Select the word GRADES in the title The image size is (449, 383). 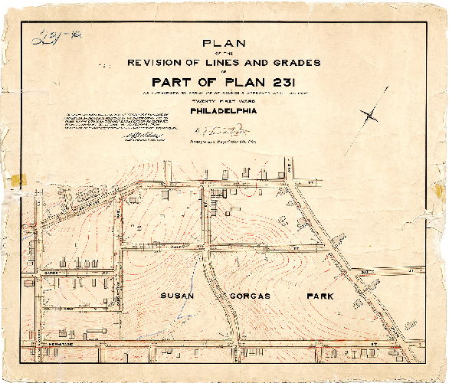tap(290, 63)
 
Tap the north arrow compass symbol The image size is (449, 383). tap(369, 115)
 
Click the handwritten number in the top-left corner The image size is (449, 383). tap(48, 38)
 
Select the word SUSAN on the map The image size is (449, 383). tap(175, 296)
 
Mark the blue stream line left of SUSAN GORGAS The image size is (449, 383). tap(201, 268)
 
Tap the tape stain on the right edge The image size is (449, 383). tap(438, 191)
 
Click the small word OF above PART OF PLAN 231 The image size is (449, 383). tap(223, 73)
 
